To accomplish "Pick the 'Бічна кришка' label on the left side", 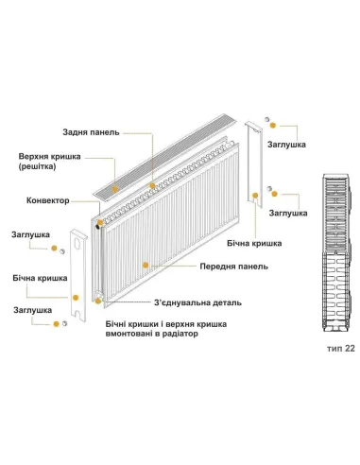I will (40, 280).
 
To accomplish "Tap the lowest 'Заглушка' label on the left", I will (31, 309).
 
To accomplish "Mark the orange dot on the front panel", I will (141, 267).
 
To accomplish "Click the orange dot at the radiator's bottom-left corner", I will (97, 299).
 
